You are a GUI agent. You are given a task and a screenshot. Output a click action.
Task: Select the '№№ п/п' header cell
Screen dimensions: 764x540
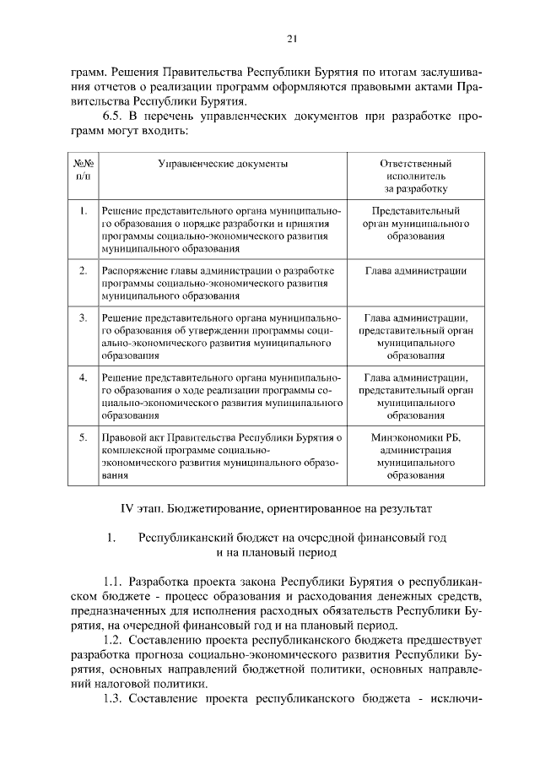(x=83, y=170)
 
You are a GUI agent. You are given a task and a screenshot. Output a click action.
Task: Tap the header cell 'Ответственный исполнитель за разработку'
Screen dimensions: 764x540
(x=416, y=176)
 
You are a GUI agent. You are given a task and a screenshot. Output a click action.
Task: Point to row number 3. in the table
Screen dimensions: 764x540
(x=83, y=318)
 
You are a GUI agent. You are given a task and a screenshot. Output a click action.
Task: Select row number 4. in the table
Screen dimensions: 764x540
(x=83, y=378)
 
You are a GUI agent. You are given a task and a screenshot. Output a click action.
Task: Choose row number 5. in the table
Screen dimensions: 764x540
(x=83, y=438)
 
